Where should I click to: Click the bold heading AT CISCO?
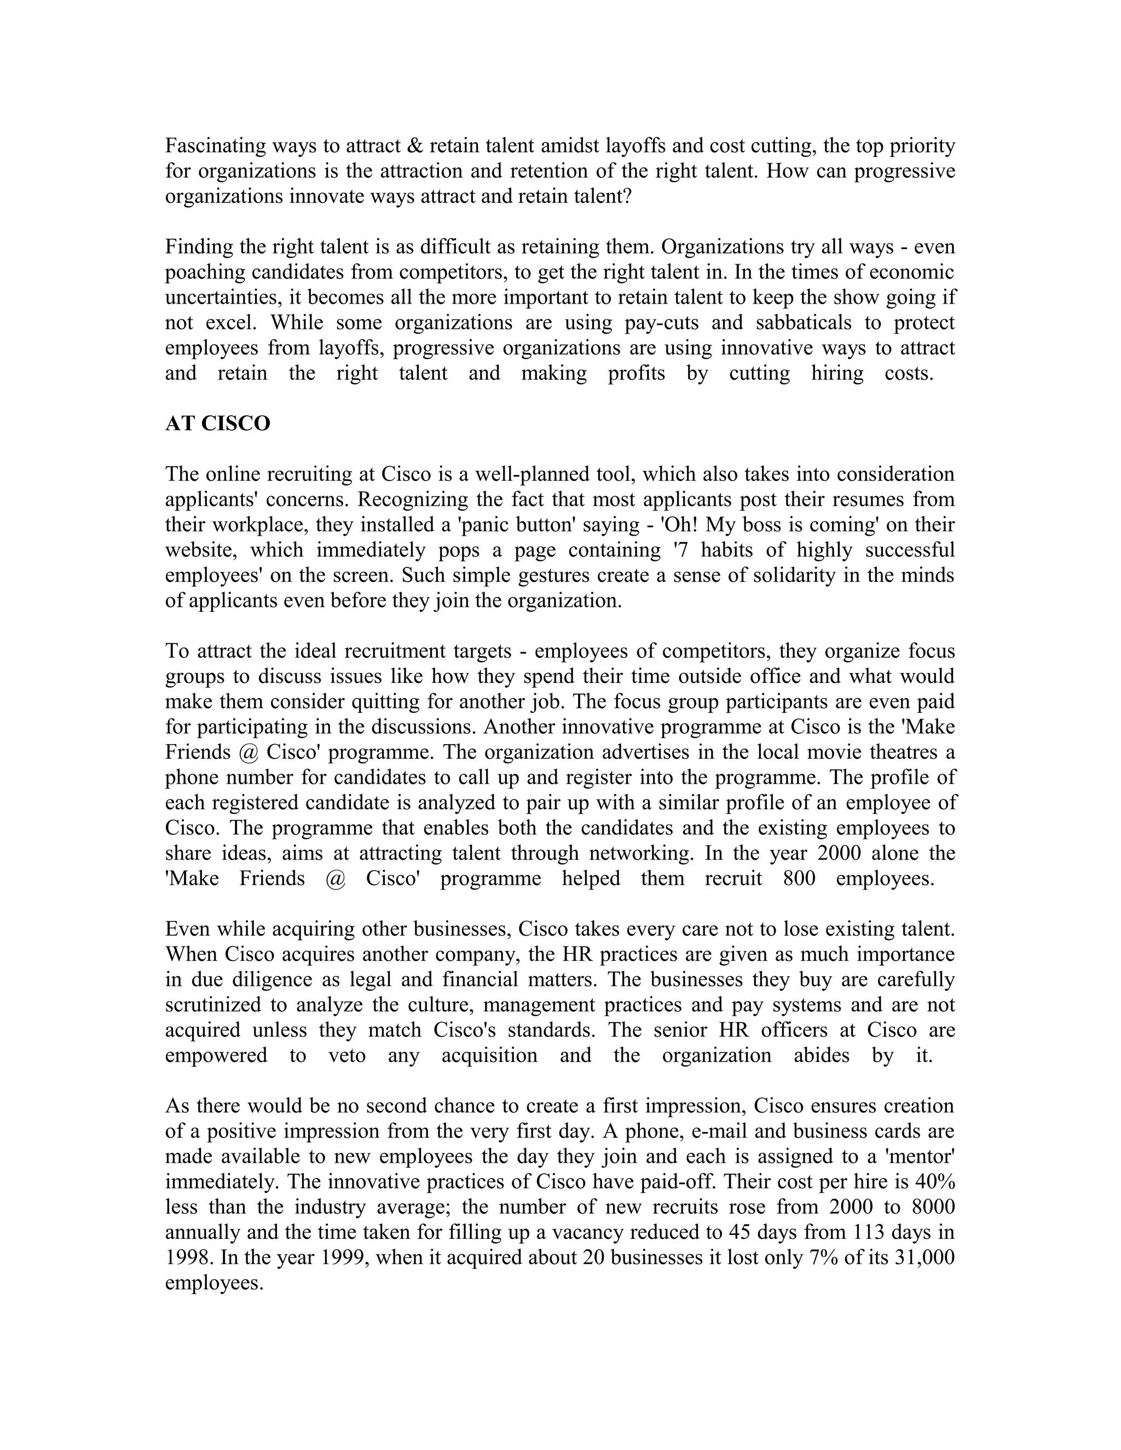217,424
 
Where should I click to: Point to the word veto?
348,1055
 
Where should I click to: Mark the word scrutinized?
213,1005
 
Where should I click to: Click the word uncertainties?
221,298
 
